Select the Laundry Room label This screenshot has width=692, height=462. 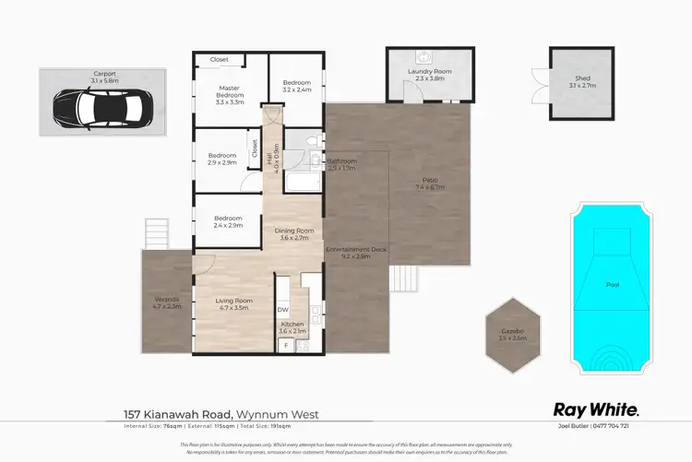coord(429,72)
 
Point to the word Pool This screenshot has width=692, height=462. coord(612,285)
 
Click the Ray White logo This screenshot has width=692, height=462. coord(595,409)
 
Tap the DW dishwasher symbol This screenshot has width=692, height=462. coord(283,310)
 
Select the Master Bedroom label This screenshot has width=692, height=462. coord(229,91)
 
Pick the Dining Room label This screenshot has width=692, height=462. coord(295,231)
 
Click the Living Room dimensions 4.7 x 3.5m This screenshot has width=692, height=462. coord(234,307)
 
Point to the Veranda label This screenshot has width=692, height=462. coord(167,299)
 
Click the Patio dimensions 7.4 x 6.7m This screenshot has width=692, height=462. coord(430,187)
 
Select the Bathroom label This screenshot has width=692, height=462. coord(340,160)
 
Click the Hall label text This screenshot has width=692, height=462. coord(269,160)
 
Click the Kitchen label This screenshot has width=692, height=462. coord(292,324)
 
